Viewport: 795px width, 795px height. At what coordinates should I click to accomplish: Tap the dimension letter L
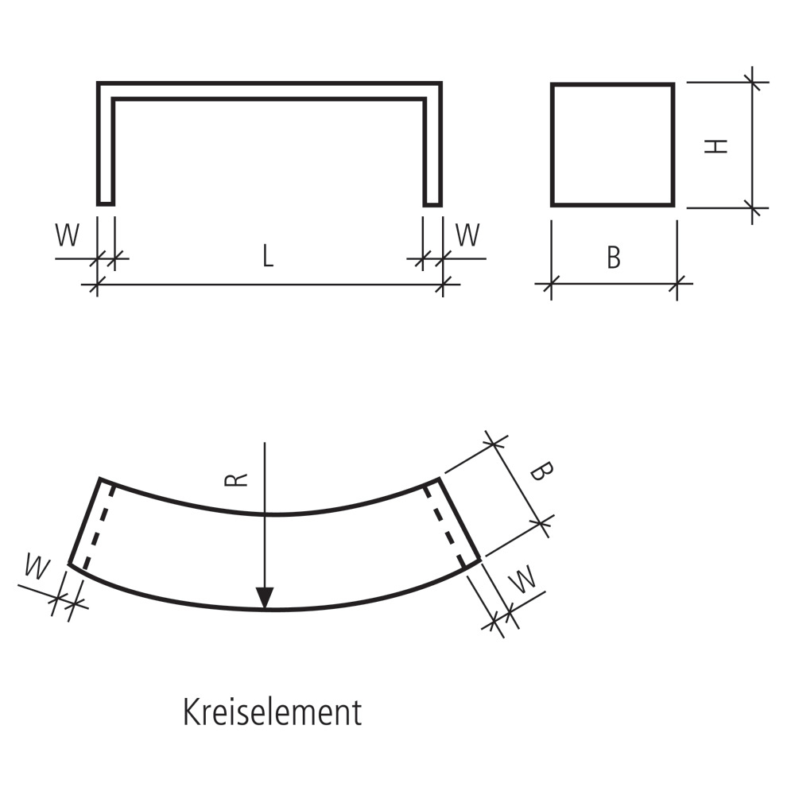[x=268, y=256]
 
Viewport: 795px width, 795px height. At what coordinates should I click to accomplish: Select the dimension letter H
[x=717, y=145]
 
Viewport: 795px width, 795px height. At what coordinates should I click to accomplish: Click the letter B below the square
[x=613, y=258]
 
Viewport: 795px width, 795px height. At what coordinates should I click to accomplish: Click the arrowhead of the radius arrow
[x=265, y=598]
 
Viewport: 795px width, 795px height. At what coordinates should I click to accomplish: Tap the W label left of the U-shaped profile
[x=68, y=235]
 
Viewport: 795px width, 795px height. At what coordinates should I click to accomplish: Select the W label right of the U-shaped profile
[x=467, y=235]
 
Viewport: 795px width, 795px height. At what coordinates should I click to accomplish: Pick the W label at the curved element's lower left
[x=36, y=568]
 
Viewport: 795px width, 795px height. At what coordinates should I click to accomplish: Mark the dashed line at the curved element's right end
[x=445, y=526]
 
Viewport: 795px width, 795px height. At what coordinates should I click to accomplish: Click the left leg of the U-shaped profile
[x=106, y=151]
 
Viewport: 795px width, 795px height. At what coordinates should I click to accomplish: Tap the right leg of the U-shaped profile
[x=432, y=151]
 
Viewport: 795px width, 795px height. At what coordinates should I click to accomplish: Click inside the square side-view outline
[x=612, y=145]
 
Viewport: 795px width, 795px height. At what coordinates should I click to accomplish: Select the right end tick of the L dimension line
[x=443, y=284]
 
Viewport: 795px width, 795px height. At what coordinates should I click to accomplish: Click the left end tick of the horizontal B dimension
[x=551, y=283]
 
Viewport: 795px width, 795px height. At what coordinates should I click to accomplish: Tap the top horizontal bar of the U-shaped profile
[x=269, y=90]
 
